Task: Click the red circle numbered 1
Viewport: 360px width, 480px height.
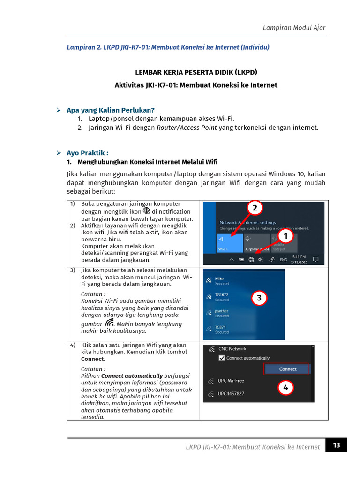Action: [285, 236]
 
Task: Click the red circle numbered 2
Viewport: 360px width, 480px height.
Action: [254, 208]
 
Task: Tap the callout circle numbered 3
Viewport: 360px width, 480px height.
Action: [259, 298]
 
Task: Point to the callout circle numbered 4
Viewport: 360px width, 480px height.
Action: [285, 387]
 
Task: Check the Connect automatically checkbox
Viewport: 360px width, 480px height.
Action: [222, 358]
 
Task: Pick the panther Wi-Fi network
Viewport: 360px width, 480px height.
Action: [222, 311]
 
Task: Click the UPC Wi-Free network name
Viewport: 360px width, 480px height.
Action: [231, 381]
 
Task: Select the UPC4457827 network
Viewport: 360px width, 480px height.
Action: [231, 393]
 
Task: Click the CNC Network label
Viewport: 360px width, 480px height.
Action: [232, 349]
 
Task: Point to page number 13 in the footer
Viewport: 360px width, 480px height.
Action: [337, 445]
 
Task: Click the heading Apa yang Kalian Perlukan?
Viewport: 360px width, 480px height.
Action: [110, 110]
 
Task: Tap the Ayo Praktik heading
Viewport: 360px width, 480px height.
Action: [87, 153]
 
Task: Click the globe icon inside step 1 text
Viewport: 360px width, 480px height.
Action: [146, 211]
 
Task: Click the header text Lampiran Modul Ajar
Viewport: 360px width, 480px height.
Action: [294, 28]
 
